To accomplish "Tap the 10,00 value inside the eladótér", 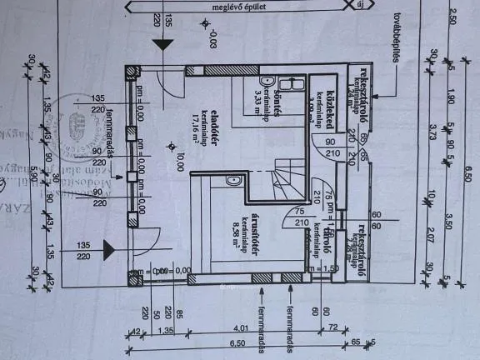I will [178, 165].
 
